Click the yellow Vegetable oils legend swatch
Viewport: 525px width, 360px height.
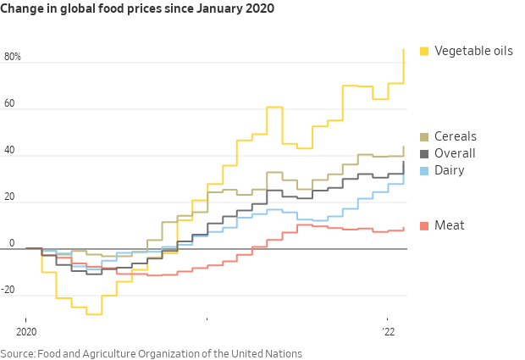click(x=424, y=52)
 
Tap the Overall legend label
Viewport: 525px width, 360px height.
click(x=455, y=153)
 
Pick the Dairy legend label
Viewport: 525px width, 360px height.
click(x=450, y=170)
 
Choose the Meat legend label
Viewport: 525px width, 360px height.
click(x=449, y=225)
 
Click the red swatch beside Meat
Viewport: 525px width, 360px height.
click(x=424, y=225)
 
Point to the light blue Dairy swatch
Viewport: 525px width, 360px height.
click(x=424, y=170)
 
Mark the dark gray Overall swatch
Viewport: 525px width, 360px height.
click(x=424, y=153)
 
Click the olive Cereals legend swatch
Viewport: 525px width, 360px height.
click(x=424, y=136)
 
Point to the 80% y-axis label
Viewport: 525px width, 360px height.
click(x=13, y=58)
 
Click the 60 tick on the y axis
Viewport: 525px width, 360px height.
click(x=10, y=104)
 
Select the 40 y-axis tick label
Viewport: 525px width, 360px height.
click(x=10, y=151)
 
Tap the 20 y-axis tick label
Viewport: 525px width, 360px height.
click(x=10, y=197)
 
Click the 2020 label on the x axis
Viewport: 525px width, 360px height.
click(x=26, y=331)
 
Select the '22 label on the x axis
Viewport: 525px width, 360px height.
click(x=389, y=331)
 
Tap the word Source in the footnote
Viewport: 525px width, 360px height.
click(x=19, y=353)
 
